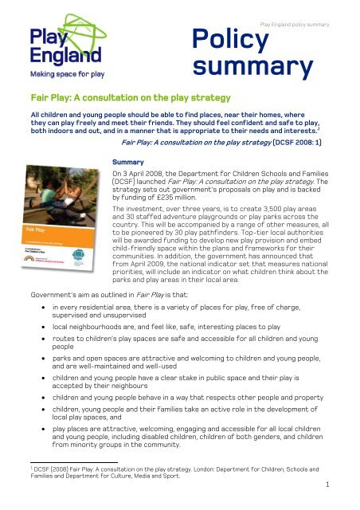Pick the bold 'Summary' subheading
130,160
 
